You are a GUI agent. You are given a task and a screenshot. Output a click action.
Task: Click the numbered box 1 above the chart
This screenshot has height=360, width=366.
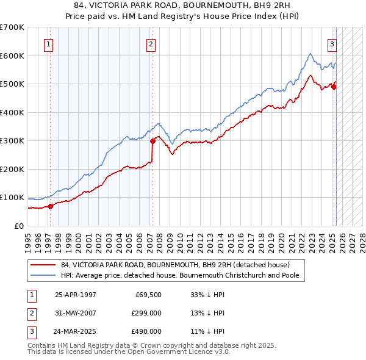pos(48,44)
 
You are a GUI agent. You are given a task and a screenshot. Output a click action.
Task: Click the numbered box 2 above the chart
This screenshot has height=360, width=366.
pos(151,44)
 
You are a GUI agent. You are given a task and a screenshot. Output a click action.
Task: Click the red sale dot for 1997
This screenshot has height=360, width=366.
pos(51,206)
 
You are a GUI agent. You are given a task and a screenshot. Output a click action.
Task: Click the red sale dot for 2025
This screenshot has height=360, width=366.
pos(334,87)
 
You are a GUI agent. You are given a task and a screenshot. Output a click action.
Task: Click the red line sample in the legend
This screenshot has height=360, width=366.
pos(43,265)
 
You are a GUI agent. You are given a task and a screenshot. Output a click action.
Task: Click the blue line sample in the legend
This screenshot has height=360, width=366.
pos(43,275)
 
